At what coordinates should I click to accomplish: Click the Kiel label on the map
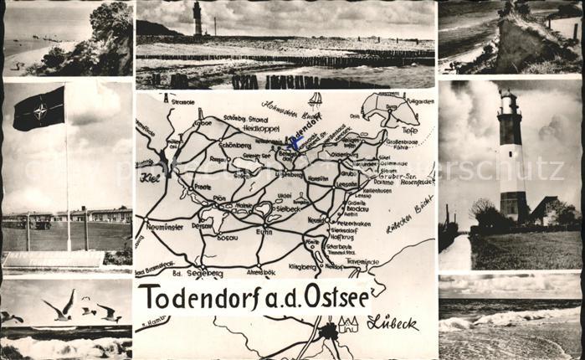(150, 177)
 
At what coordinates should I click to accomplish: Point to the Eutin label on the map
(264, 231)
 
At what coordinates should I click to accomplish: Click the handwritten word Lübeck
(392, 322)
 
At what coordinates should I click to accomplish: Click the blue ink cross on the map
(295, 142)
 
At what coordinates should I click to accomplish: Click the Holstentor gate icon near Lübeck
(348, 324)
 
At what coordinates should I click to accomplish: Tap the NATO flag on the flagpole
(38, 109)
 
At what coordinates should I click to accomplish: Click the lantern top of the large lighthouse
(509, 101)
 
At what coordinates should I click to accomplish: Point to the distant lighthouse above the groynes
(198, 17)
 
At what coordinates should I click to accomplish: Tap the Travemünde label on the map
(362, 261)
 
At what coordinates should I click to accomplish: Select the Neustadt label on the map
(316, 219)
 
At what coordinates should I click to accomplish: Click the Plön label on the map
(219, 198)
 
